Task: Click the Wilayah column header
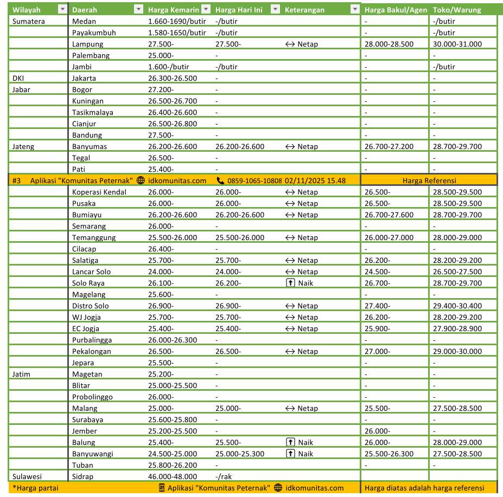(27, 10)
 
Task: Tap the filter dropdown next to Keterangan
(355, 10)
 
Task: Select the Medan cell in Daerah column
(84, 21)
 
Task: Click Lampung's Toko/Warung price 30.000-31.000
(457, 44)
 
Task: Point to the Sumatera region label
(28, 21)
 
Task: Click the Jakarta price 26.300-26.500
(173, 78)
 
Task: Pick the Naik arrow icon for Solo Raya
(290, 283)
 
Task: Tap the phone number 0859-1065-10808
(254, 180)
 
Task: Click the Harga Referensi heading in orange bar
(429, 180)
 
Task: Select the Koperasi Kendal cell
(99, 192)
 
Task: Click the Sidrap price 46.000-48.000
(173, 476)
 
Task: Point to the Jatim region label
(21, 374)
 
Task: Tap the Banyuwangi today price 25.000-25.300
(240, 454)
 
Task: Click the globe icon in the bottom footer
(278, 488)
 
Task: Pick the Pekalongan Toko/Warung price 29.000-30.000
(457, 351)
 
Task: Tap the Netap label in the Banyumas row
(308, 146)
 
